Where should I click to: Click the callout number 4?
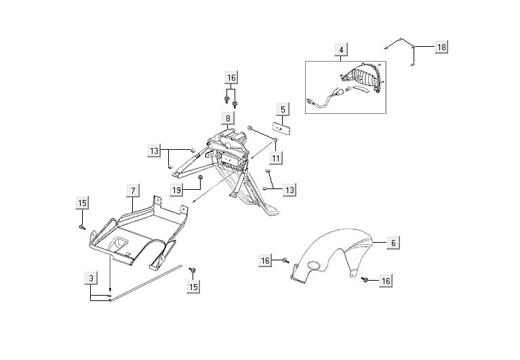pyautogui.click(x=341, y=49)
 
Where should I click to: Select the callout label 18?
pyautogui.click(x=441, y=47)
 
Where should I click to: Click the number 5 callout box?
pyautogui.click(x=282, y=108)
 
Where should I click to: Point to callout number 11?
pyautogui.click(x=276, y=158)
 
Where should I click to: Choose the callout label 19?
pyautogui.click(x=176, y=191)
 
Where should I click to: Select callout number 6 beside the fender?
pyautogui.click(x=393, y=242)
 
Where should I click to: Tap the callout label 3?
pyautogui.click(x=90, y=277)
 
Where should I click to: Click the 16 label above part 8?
pyautogui.click(x=231, y=77)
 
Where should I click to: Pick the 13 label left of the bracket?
pyautogui.click(x=155, y=150)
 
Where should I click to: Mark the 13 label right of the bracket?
pyautogui.click(x=289, y=190)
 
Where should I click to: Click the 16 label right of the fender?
pyautogui.click(x=386, y=281)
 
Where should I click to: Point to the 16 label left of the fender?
pyautogui.click(x=265, y=260)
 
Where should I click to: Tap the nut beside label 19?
pyautogui.click(x=201, y=179)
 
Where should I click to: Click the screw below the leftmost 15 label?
pyautogui.click(x=82, y=226)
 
